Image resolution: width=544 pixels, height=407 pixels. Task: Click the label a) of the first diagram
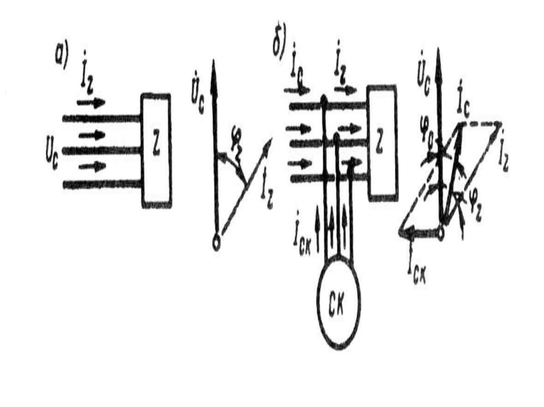(61, 55)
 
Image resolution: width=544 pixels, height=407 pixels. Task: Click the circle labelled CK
(338, 304)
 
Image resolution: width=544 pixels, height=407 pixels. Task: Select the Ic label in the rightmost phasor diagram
(463, 107)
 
